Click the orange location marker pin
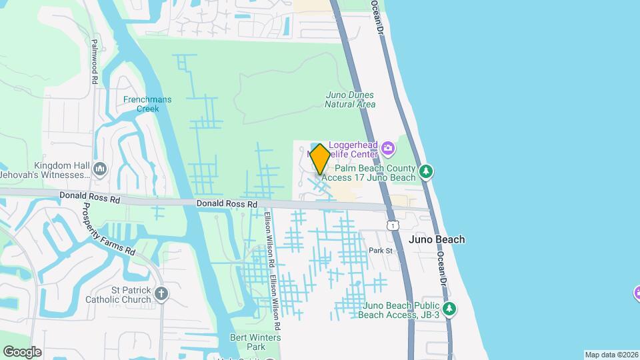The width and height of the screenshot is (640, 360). tap(320, 159)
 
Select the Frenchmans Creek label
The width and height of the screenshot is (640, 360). tap(147, 104)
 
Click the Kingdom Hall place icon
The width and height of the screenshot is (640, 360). tap(100, 168)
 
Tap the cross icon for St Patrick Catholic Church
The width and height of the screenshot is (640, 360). tap(161, 293)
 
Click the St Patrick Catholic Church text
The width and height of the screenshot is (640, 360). tap(118, 295)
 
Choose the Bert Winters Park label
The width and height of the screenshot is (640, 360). tap(255, 342)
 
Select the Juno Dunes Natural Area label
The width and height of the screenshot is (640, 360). tap(350, 99)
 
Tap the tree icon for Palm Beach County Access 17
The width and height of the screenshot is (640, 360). tap(427, 173)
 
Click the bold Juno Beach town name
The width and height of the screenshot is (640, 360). tap(436, 239)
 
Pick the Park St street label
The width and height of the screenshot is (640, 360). tap(381, 251)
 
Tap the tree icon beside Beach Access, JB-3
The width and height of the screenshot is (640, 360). tap(450, 309)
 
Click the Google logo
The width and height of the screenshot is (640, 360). tap(22, 351)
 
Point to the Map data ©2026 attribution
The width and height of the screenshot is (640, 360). tap(611, 355)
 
